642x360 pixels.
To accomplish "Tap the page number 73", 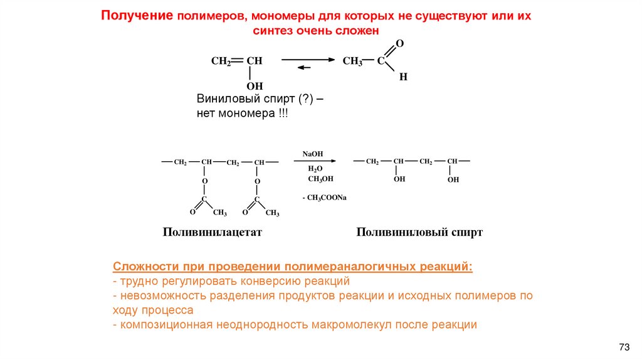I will (x=624, y=347).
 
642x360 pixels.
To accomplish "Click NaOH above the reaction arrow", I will (x=312, y=154).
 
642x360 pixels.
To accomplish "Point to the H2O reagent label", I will (x=315, y=169).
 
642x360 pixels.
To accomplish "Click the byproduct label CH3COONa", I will (x=326, y=198).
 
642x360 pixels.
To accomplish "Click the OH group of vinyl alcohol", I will (x=254, y=86).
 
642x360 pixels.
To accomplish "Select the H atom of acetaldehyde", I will (x=403, y=77).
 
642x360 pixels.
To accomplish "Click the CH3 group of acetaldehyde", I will (x=352, y=61).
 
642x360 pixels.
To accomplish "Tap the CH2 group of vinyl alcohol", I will (x=221, y=61).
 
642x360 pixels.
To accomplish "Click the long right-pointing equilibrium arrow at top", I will (x=308, y=59).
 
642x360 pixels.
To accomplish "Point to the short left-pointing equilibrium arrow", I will (x=304, y=67).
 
